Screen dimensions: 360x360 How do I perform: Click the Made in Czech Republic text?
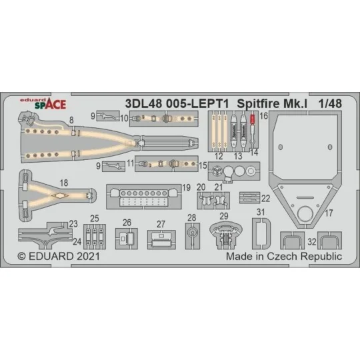pyautogui.click(x=285, y=256)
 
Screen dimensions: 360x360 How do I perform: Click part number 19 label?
pyautogui.click(x=187, y=187)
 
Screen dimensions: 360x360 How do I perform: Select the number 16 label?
pyautogui.click(x=263, y=115)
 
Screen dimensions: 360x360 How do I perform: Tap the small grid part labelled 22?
pyautogui.click(x=249, y=197)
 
